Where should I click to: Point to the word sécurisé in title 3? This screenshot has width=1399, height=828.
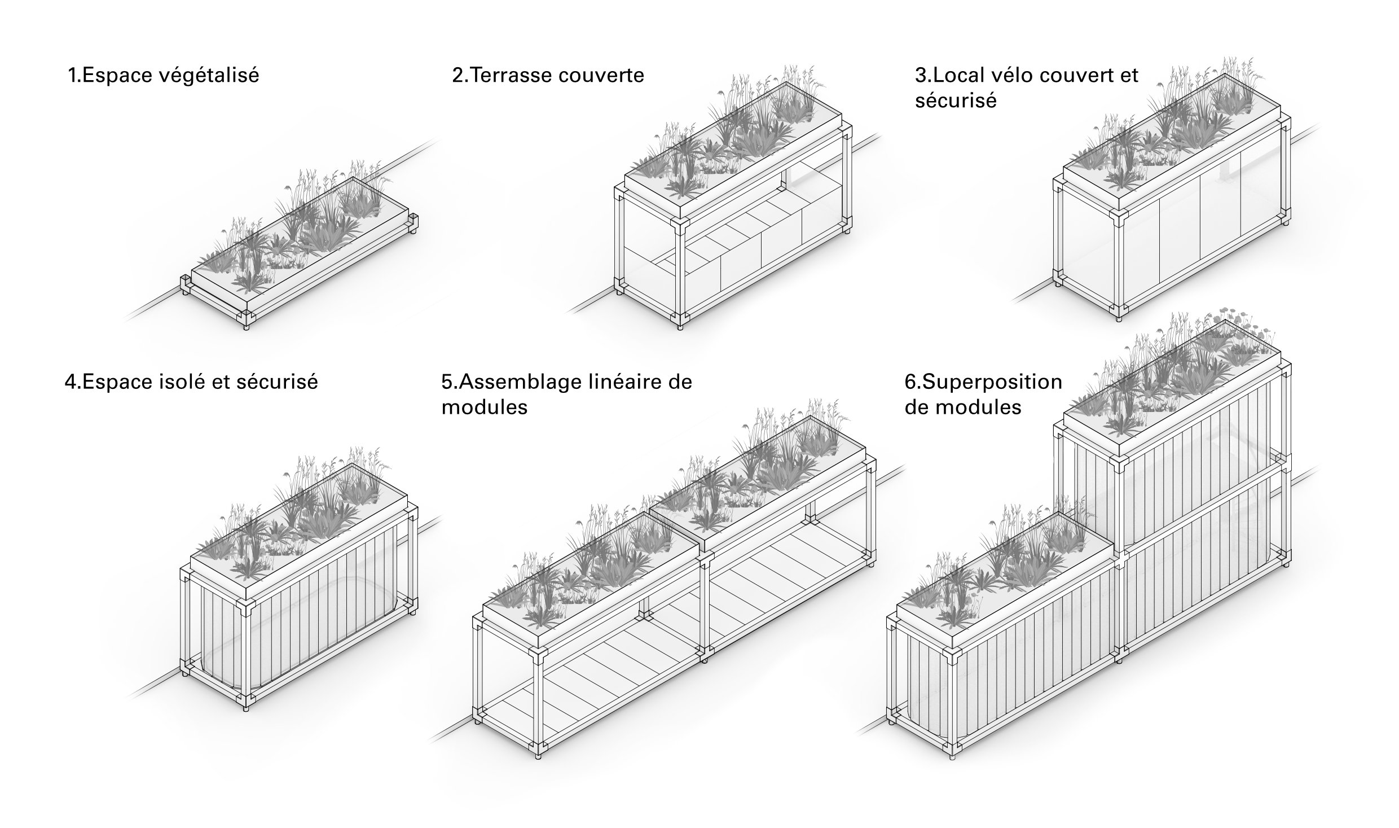[x=956, y=101]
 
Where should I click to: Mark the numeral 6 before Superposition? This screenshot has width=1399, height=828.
[x=910, y=383]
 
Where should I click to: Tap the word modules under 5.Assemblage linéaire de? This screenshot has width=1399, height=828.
[x=485, y=408]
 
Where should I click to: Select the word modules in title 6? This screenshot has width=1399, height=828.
[x=978, y=408]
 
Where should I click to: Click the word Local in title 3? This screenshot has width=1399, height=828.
[x=958, y=75]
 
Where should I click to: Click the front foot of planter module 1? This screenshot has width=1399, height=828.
[x=246, y=326]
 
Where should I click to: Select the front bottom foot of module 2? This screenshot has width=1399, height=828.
[x=680, y=326]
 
